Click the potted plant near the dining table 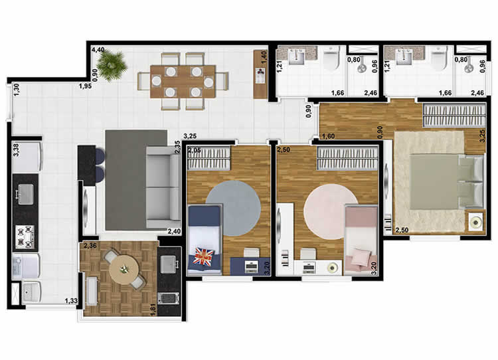coord(110,65)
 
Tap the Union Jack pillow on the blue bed coord(202,256)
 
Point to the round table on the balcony coord(123,269)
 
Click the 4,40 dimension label coord(98,50)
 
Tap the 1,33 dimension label coord(70,302)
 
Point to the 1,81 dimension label coord(153,310)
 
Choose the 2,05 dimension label coord(194,151)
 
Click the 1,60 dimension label coord(327,137)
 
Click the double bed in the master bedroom coord(445,183)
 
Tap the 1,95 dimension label coord(84,86)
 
